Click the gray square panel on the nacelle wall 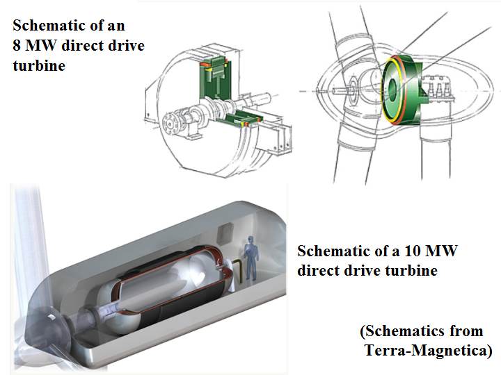click(225, 236)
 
